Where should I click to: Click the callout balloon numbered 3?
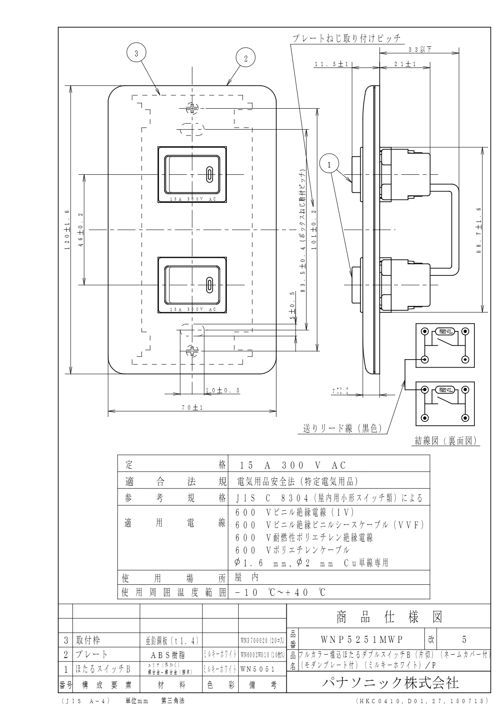click(x=136, y=53)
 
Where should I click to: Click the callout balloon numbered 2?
click(x=245, y=58)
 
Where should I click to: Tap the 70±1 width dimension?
click(x=192, y=407)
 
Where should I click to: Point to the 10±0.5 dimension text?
click(x=223, y=390)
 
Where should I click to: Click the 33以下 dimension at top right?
click(x=420, y=49)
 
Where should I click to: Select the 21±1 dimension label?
click(x=405, y=64)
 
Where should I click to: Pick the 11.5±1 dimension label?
click(x=331, y=64)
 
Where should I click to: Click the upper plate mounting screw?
click(x=192, y=108)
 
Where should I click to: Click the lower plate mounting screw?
click(x=192, y=350)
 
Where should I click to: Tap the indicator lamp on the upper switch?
click(x=209, y=173)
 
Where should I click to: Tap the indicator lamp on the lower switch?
click(x=209, y=285)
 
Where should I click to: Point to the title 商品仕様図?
click(x=389, y=617)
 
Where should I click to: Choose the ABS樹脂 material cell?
click(x=171, y=655)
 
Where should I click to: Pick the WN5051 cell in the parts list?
click(x=258, y=669)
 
